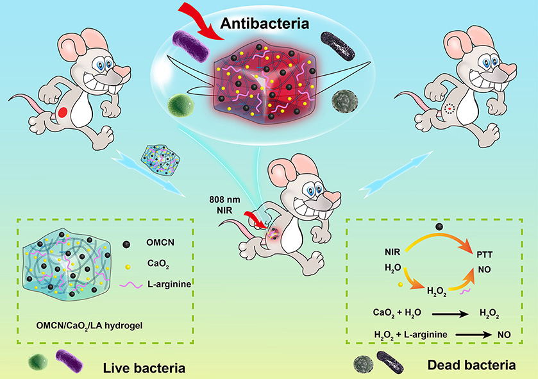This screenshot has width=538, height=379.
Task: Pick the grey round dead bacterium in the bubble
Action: click(x=343, y=100)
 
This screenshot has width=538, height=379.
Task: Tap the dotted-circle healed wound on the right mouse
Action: click(x=449, y=109)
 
